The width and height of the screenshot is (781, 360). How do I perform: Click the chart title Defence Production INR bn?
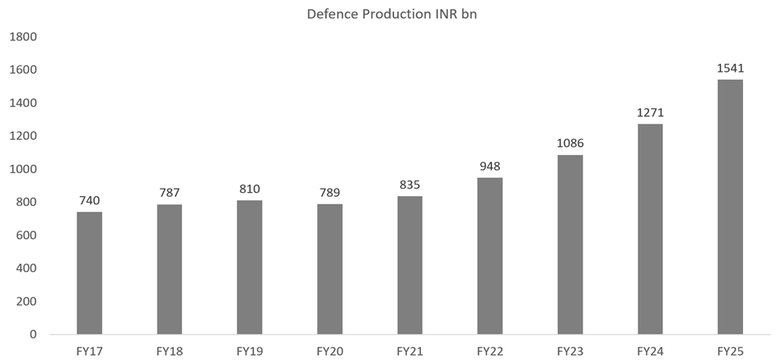pos(390,14)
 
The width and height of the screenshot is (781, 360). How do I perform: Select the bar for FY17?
pos(89,273)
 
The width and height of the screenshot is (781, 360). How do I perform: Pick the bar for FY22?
pos(489,255)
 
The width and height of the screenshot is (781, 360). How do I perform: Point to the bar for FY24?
pos(649,228)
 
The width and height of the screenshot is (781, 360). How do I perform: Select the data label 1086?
pos(569,143)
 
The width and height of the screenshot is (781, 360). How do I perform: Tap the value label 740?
pos(89,200)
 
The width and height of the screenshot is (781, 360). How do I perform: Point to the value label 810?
pos(249,189)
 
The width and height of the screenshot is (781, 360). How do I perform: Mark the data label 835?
pos(409,185)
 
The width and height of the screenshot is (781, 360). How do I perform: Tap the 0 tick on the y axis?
pos(35,334)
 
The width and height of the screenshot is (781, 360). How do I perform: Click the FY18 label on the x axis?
pos(169,351)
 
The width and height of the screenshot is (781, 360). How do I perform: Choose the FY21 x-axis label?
pos(409,351)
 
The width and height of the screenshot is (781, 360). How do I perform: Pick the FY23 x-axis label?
pos(569,351)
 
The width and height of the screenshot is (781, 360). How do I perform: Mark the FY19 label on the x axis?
pos(249,351)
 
